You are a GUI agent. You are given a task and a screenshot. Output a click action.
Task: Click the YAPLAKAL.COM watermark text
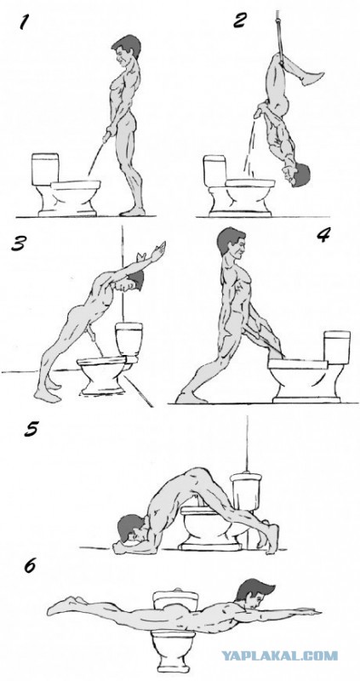(x=280, y=655)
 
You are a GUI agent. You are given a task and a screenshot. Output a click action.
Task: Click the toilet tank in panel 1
(x=45, y=169)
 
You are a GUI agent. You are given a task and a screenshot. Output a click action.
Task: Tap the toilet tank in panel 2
(x=215, y=171)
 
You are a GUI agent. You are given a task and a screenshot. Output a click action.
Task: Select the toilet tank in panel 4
(x=337, y=347)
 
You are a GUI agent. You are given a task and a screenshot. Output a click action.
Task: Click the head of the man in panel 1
(x=125, y=49)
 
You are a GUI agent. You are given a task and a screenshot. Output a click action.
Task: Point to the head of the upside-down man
(x=299, y=175)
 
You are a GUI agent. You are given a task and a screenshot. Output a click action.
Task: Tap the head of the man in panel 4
(x=231, y=243)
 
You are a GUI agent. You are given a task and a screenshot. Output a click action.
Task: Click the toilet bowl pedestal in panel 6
(x=174, y=649)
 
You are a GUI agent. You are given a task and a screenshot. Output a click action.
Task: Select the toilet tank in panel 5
(x=246, y=492)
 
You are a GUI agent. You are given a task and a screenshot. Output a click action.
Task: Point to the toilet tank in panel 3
(x=129, y=339)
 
